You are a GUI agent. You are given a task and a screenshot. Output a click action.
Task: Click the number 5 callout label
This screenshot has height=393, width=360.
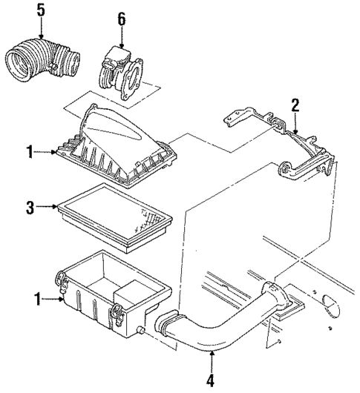point(40,10)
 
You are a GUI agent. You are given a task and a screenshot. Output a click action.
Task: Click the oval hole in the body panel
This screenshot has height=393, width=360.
point(332,302)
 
